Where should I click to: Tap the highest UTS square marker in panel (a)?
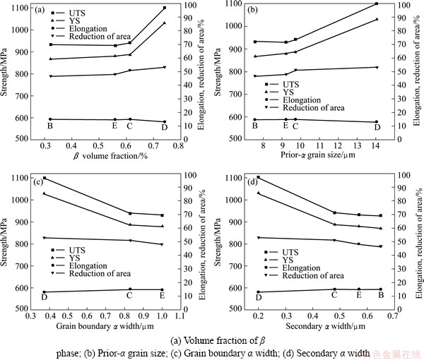tap(165, 8)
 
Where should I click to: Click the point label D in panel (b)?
tap(377, 127)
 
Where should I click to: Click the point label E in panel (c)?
tap(163, 296)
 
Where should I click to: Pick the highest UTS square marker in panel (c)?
tap(45, 178)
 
